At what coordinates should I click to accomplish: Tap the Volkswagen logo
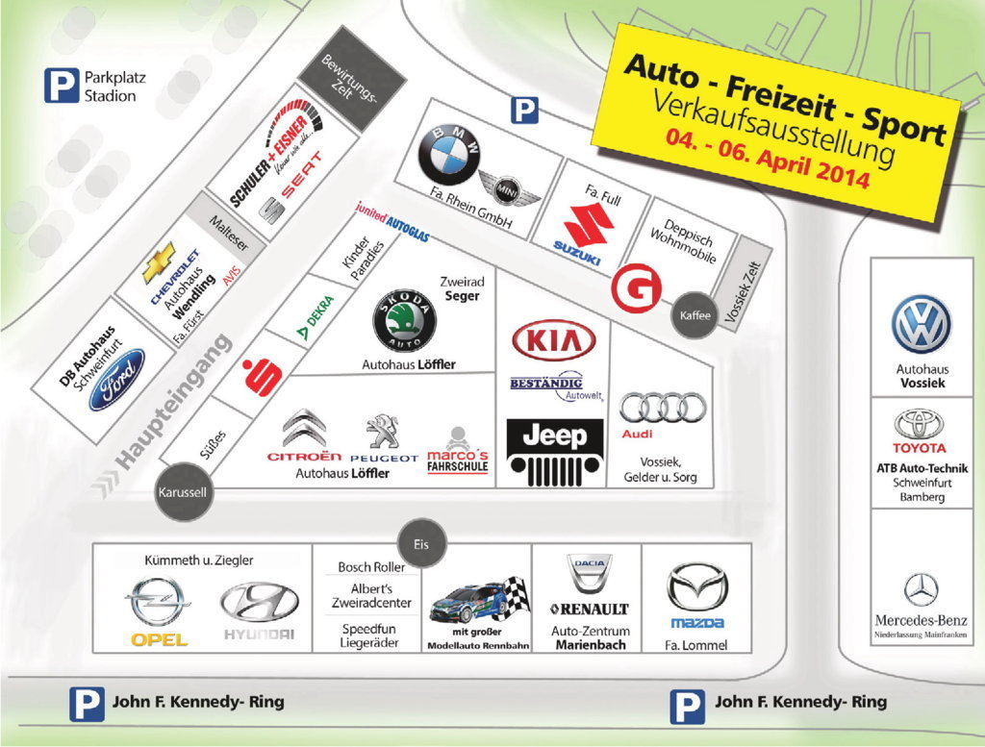point(920,325)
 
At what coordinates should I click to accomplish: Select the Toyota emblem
point(919,424)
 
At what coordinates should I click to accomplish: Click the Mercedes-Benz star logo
point(920,588)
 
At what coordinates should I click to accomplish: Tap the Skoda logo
point(405,321)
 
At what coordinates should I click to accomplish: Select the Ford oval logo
point(116,380)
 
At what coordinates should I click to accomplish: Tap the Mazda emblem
point(697,589)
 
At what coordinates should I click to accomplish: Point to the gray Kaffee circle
point(694,314)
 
